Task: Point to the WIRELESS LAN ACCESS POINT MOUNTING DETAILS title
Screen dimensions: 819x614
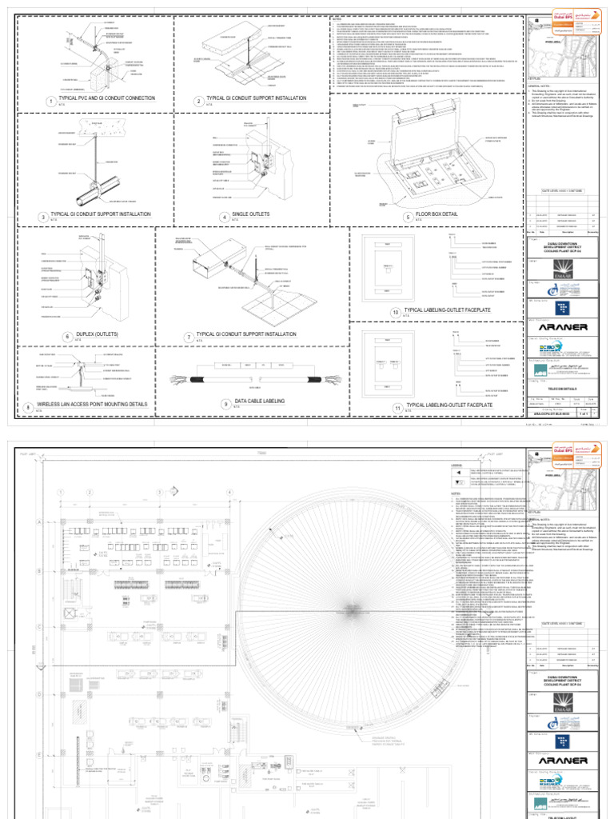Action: [98, 405]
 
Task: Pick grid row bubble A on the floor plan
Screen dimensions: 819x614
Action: [38, 520]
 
